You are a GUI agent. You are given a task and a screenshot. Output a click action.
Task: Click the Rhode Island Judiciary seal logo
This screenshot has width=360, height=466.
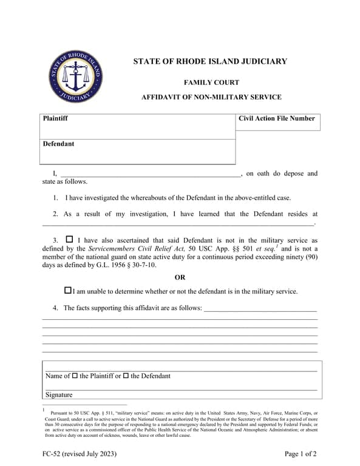(x=75, y=76)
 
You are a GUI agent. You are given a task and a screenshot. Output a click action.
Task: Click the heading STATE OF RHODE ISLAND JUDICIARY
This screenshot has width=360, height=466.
(x=210, y=61)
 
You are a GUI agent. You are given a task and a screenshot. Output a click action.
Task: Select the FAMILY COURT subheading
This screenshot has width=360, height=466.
(x=211, y=83)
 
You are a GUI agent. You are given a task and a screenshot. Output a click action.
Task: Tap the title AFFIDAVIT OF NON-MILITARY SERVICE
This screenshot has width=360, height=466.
(x=211, y=97)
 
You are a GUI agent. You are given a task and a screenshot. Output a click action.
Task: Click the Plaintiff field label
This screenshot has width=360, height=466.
(x=55, y=118)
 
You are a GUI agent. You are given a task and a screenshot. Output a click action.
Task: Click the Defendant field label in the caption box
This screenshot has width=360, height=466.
(x=58, y=144)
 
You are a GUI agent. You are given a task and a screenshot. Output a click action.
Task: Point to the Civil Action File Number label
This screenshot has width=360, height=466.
(x=277, y=118)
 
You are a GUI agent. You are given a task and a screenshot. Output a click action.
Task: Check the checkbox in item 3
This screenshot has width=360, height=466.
(x=69, y=239)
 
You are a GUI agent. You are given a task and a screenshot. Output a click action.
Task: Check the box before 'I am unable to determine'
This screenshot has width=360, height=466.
(x=67, y=291)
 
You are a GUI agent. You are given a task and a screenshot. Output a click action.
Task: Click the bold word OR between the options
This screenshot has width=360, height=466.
(x=180, y=277)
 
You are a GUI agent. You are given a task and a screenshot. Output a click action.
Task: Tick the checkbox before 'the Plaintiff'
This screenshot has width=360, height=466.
(x=75, y=376)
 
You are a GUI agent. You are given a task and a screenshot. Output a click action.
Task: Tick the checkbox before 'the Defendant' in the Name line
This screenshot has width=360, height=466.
(x=126, y=376)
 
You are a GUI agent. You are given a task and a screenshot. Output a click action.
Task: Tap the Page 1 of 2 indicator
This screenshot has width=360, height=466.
(x=301, y=454)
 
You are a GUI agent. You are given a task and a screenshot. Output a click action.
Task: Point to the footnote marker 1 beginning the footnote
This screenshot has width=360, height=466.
(x=44, y=411)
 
